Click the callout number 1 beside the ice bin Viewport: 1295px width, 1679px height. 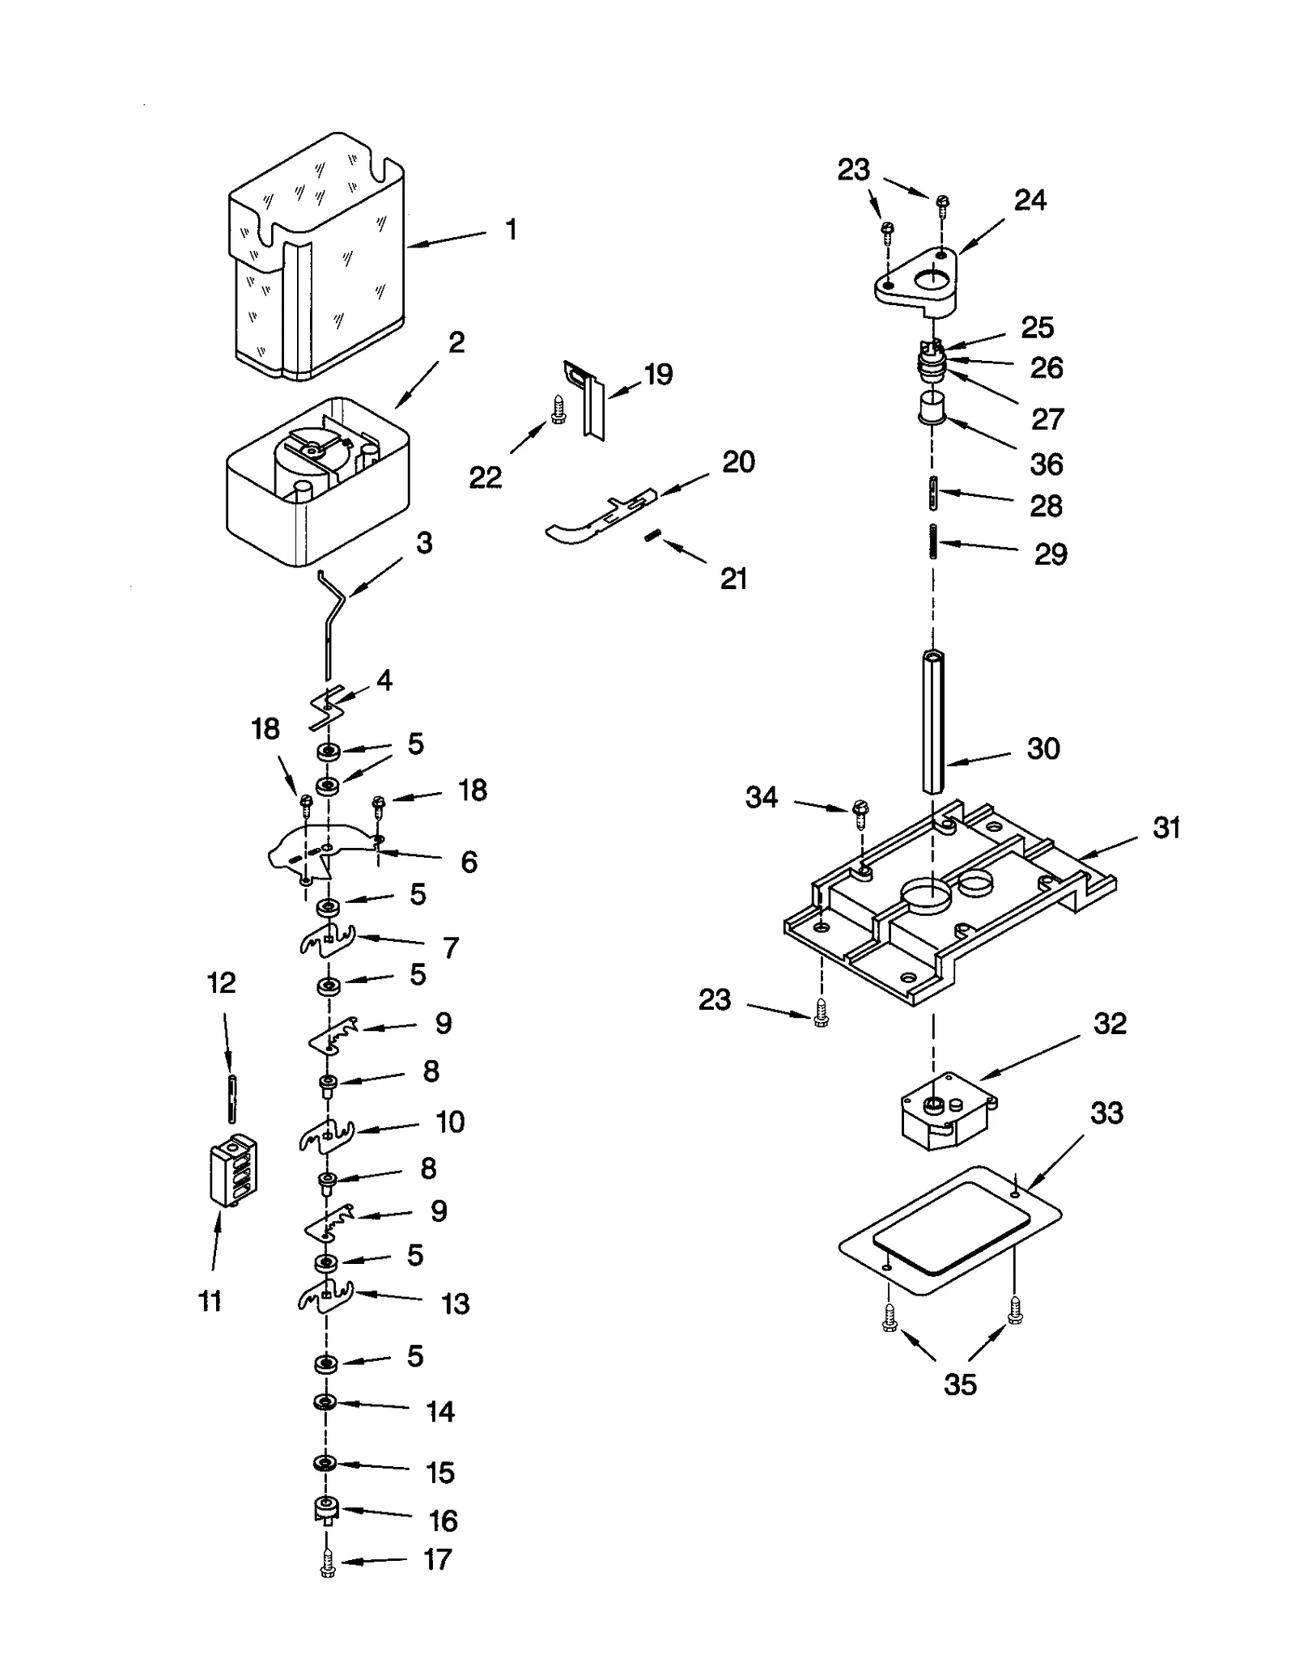tap(511, 230)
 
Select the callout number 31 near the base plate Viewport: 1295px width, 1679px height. tap(1166, 828)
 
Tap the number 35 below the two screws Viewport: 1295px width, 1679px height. tap(960, 1384)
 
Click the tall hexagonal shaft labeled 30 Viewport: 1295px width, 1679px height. tap(933, 720)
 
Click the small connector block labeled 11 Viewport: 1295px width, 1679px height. tap(232, 1171)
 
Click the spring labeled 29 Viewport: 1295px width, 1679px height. tap(933, 540)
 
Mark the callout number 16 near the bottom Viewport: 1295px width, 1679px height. tap(443, 1521)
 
